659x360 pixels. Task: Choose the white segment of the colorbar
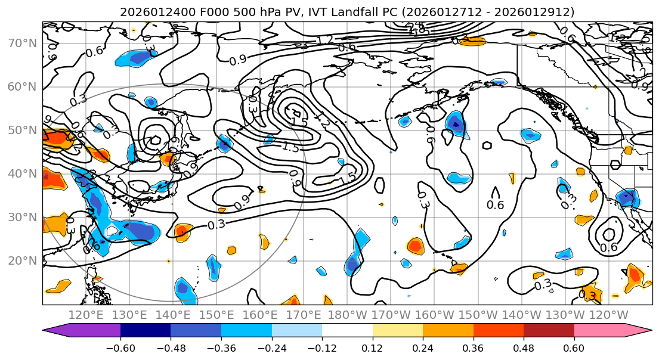coord(347,331)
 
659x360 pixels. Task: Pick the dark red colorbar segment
coord(549,331)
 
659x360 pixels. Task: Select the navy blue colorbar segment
coord(146,331)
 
